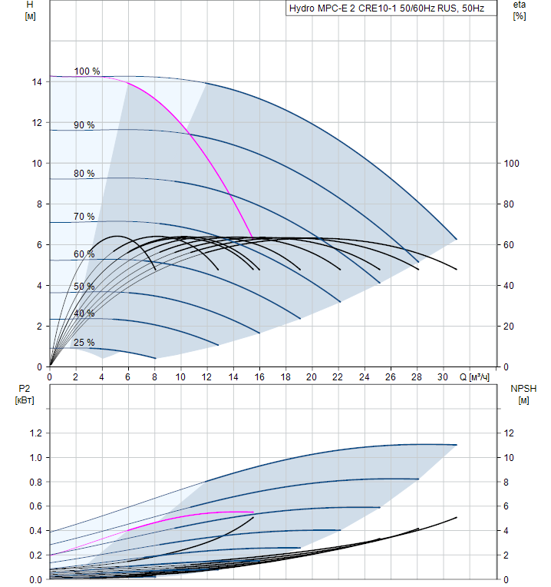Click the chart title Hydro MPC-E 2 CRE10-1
click(x=387, y=9)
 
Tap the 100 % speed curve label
click(x=87, y=71)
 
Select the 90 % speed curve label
click(x=84, y=125)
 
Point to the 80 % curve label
click(x=84, y=174)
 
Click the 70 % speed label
click(x=84, y=217)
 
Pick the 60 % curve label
click(x=84, y=254)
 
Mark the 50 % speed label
click(x=84, y=287)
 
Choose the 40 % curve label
click(x=84, y=313)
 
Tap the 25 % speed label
click(x=84, y=343)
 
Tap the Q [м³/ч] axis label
click(x=477, y=377)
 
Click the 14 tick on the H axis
click(x=36, y=81)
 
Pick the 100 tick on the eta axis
click(x=512, y=163)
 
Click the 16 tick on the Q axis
click(x=259, y=377)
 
